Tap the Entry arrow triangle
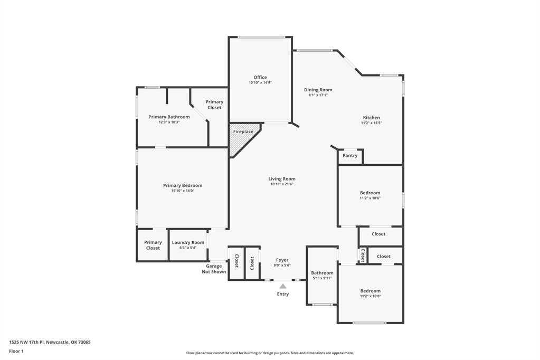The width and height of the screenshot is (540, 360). pyautogui.click(x=283, y=286)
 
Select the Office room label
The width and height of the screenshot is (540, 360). pyautogui.click(x=260, y=78)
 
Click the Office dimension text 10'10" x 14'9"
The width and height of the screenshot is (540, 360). pyautogui.click(x=260, y=83)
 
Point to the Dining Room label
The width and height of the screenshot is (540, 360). pyautogui.click(x=318, y=90)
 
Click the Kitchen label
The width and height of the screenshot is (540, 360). pyautogui.click(x=371, y=118)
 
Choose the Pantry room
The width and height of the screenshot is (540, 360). pyautogui.click(x=350, y=156)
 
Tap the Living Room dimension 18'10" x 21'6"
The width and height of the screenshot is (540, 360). pyautogui.click(x=282, y=184)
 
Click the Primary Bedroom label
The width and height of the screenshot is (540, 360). pyautogui.click(x=182, y=185)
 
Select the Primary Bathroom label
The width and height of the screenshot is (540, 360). pyautogui.click(x=169, y=117)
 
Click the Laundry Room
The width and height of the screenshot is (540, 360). pyautogui.click(x=188, y=245)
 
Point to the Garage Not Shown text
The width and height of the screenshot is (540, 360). pyautogui.click(x=214, y=269)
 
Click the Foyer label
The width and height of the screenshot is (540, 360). pyautogui.click(x=282, y=260)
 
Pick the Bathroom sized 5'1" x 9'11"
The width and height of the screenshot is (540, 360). pyautogui.click(x=322, y=275)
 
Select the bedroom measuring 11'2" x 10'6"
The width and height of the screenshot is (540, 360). pyautogui.click(x=370, y=195)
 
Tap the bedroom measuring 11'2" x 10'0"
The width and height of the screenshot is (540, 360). pyautogui.click(x=370, y=293)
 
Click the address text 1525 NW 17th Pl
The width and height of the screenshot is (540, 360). pyautogui.click(x=50, y=342)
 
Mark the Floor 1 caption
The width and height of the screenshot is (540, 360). pyautogui.click(x=16, y=351)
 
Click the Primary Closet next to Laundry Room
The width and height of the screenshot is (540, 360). pyautogui.click(x=153, y=245)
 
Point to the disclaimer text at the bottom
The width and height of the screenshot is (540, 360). pyautogui.click(x=270, y=353)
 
